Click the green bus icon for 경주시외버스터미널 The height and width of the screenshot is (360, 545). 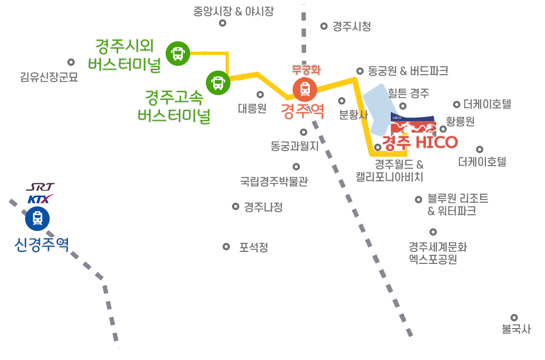point(178,53)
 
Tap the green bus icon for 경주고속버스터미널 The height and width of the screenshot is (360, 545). point(218,83)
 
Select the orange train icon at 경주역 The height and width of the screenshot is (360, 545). point(305,89)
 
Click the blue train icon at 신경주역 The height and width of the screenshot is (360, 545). point(38,218)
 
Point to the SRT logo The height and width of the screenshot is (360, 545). point(40,187)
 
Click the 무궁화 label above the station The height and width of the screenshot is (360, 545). point(306,70)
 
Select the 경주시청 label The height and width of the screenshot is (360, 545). point(352,27)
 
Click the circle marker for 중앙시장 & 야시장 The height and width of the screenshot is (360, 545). point(223,24)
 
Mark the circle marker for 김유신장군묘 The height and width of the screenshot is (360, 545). point(71,62)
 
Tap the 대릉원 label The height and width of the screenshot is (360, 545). point(252,108)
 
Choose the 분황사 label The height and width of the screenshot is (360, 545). point(353,114)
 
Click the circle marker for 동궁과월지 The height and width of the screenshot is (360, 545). point(304,132)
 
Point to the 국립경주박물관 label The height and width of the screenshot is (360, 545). point(274,181)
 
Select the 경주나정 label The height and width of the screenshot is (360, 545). point(263,207)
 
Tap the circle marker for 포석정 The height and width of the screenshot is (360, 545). point(226,247)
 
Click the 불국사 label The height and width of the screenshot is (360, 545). point(516,329)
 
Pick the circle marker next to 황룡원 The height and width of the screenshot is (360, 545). point(443,129)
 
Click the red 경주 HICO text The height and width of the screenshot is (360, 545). point(420,142)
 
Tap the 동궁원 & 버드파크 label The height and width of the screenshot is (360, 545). point(408,71)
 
